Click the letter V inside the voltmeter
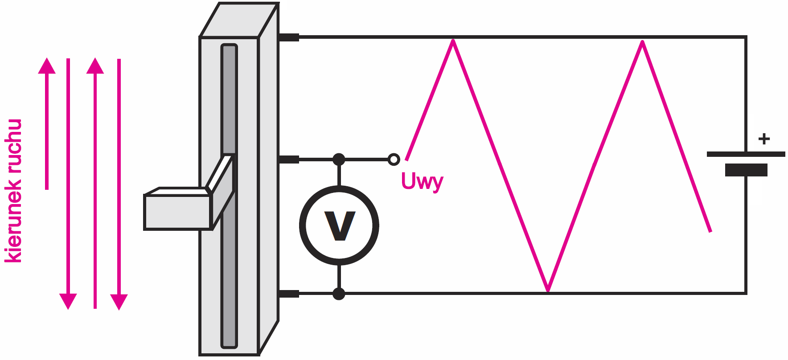340,225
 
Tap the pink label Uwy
422,181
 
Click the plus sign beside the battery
764,139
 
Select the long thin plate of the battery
746,154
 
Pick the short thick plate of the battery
746,170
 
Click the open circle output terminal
394,159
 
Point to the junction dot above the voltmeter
339,159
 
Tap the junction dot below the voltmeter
339,294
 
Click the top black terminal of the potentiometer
288,37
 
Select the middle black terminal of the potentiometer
288,159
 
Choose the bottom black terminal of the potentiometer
288,294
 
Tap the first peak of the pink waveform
453,41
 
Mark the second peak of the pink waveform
642,42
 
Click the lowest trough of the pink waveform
548,290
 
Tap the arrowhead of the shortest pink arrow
47,66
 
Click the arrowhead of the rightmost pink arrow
119,302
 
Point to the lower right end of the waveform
710,230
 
